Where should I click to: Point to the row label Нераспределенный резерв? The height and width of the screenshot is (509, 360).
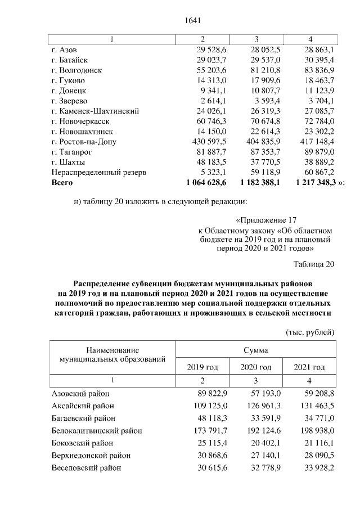pyautogui.click(x=99, y=172)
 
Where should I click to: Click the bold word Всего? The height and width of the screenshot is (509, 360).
pyautogui.click(x=62, y=183)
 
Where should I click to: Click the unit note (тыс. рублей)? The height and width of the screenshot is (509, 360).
pyautogui.click(x=310, y=332)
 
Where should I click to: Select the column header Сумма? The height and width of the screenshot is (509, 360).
pyautogui.click(x=255, y=350)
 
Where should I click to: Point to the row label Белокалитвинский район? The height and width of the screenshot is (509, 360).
pyautogui.click(x=96, y=431)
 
